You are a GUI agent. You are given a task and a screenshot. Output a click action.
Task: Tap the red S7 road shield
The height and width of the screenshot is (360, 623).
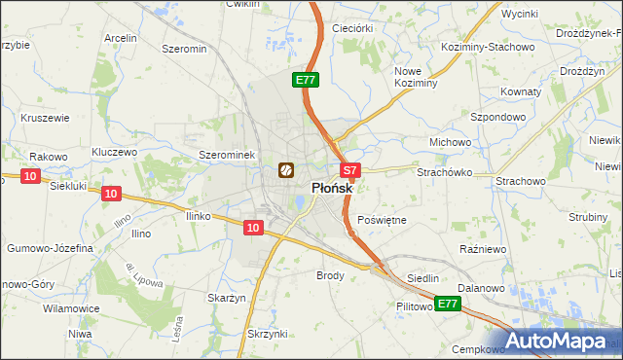pos(351,169)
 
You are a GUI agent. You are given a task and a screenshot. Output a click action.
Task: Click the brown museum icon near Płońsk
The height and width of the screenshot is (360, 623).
pos(286,170)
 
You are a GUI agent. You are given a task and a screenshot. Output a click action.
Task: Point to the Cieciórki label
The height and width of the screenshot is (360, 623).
pos(352,28)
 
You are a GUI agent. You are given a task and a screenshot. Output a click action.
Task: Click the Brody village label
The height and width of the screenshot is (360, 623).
pos(331,275)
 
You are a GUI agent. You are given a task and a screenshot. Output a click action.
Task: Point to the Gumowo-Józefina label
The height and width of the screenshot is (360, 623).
pos(50,248)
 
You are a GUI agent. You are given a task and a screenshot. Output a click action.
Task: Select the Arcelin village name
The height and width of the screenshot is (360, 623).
pos(119,38)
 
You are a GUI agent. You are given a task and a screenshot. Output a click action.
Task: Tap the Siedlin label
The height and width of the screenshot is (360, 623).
pos(423,278)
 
